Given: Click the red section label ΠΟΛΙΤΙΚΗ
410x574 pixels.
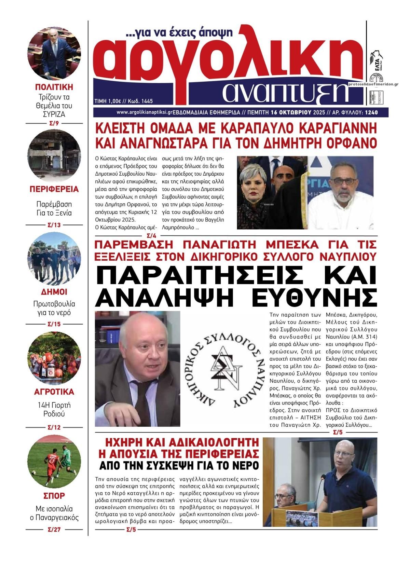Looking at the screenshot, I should tap(54, 86).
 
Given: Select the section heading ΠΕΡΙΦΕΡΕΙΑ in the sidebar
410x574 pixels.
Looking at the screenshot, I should tap(54, 189).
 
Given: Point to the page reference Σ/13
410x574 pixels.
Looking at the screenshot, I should tap(54, 225).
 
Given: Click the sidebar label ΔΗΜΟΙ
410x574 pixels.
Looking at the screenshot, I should tap(54, 292).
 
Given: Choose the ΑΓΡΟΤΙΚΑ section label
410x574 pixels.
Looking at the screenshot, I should tap(54, 392).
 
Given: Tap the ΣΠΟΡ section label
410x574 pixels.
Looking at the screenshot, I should tap(54, 495).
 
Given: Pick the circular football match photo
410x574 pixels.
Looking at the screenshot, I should tap(54, 462).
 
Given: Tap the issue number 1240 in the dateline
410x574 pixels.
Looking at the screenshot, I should tap(371, 112).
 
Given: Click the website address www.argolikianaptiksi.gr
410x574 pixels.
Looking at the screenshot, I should tap(144, 112).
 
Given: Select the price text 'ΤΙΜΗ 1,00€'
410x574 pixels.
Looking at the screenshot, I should tap(108, 101).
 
